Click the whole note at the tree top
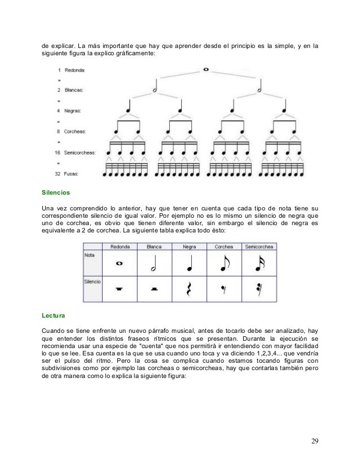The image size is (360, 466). point(206,70)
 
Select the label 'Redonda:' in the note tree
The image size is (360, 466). point(76,70)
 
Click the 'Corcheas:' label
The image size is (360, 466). point(76,131)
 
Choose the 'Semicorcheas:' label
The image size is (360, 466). point(80,152)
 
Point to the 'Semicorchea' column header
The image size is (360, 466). point(259,247)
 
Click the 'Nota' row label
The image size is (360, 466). point(90,254)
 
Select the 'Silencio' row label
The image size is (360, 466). point(93,280)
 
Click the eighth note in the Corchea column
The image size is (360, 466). point(225,263)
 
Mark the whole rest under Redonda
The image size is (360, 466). point(119,289)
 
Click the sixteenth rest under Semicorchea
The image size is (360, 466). point(258,289)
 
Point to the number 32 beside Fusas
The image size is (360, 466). point(58,173)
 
